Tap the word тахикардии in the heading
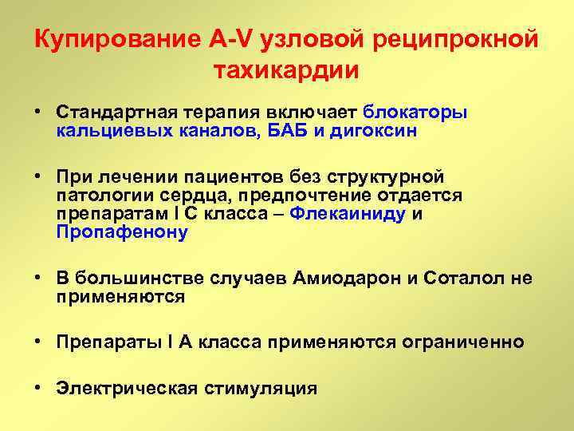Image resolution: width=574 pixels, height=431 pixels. pos(287,69)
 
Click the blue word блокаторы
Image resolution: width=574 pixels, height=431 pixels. pos(415,112)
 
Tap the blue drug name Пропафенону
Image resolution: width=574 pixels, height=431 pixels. pos(122,232)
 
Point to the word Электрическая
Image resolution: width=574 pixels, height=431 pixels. pos(124,389)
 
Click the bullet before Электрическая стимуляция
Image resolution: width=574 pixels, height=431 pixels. pos(38,389)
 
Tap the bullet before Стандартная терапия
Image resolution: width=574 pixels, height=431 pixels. pos(38,112)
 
